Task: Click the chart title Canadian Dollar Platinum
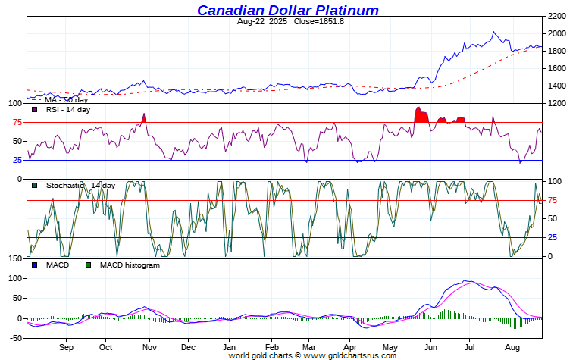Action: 288,10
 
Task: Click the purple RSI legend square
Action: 35,110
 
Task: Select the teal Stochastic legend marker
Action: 35,186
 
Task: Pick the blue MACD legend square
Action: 35,265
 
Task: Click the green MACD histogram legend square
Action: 89,265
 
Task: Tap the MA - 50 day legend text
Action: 66,100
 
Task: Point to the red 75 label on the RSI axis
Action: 16,123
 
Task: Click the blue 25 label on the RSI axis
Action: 16,160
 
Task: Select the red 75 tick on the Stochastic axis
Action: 553,200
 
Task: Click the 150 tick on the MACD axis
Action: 13,259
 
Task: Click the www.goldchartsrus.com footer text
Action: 349,355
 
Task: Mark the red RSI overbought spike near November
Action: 143,118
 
